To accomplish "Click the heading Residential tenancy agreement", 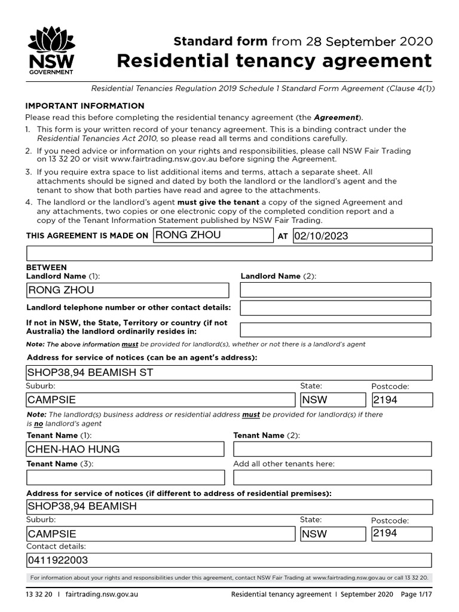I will click(274, 61).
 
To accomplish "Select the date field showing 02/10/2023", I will click(362, 235).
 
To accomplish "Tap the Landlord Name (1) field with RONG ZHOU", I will click(127, 290).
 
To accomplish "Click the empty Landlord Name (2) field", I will click(335, 290).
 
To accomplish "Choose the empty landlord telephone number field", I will click(335, 308).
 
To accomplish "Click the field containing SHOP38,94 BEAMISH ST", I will click(229, 373).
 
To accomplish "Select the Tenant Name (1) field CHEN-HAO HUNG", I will click(125, 449).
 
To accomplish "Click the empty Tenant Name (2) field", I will click(332, 449).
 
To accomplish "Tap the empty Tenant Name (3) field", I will click(126, 478).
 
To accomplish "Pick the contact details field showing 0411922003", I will click(229, 560).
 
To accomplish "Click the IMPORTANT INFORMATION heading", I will click(84, 106).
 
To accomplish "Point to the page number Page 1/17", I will click(417, 595).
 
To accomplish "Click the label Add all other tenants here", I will click(283, 464).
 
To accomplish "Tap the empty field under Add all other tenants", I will click(332, 478).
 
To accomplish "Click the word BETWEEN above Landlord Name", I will click(47, 267).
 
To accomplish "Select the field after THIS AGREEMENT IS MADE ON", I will click(213, 235).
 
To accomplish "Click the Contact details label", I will click(56, 546).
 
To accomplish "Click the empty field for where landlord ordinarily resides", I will click(335, 330).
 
